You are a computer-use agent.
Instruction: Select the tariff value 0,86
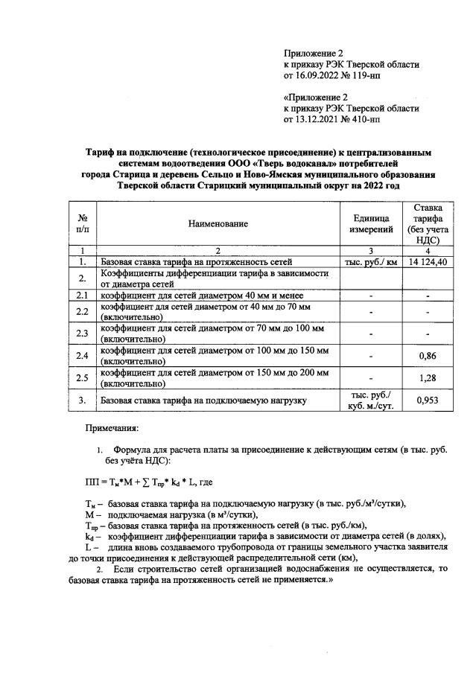(427, 356)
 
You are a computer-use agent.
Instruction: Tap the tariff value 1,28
(427, 378)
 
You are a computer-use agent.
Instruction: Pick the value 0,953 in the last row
(427, 401)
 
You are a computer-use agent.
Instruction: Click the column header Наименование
(218, 223)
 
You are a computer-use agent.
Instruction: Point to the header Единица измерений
(370, 223)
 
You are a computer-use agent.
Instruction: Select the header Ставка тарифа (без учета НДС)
(427, 223)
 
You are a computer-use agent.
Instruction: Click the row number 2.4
(83, 356)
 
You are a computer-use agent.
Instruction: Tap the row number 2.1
(83, 296)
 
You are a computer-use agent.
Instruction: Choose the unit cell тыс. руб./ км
(370, 262)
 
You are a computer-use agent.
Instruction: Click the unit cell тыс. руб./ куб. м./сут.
(370, 401)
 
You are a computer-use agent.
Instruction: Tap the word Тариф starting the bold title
(102, 152)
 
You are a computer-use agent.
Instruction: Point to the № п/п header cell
(83, 223)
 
